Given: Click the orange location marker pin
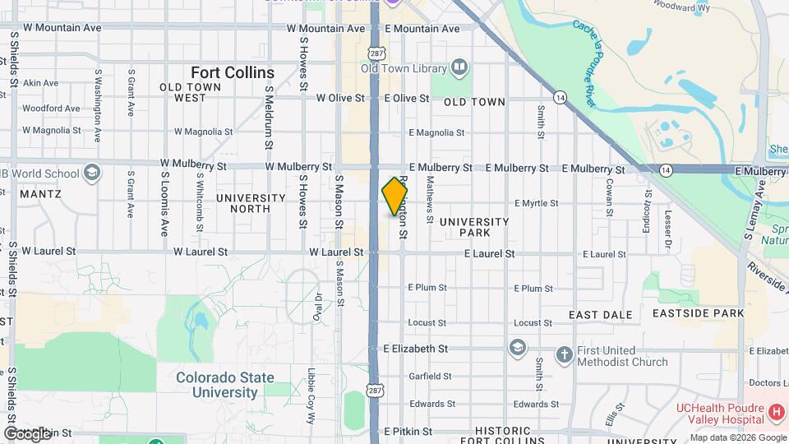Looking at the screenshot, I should tap(394, 197).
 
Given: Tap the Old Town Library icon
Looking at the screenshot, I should tap(459, 68).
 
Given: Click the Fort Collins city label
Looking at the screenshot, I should tap(233, 72).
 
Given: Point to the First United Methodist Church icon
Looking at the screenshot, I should tap(564, 354).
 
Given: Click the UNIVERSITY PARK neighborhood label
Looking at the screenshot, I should tap(474, 227).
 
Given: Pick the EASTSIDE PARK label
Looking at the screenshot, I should tap(698, 313).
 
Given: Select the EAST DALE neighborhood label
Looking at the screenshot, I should tap(600, 315).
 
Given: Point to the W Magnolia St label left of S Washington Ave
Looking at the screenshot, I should tap(51, 130).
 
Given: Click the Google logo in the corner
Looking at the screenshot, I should tap(27, 433).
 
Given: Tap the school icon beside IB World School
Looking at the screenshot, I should tap(92, 173).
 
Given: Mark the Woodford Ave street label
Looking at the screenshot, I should tap(51, 108).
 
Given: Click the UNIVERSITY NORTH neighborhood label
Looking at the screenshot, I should tap(251, 203).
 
